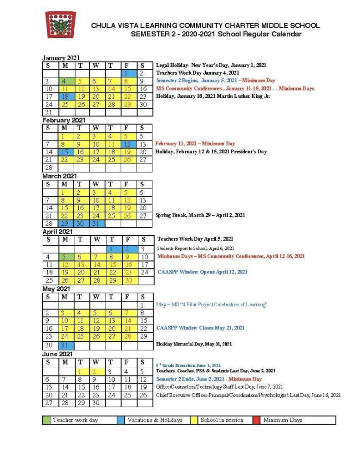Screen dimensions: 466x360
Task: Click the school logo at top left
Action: [x=60, y=25]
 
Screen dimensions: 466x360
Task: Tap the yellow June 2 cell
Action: [x=96, y=371]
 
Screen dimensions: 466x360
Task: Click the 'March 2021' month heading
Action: [x=60, y=176]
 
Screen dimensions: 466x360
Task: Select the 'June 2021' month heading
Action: [x=57, y=354]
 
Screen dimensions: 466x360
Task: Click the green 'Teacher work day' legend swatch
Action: [x=46, y=420]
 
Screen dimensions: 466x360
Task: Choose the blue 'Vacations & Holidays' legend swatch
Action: [x=121, y=420]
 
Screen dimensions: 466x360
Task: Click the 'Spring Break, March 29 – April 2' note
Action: [x=200, y=215]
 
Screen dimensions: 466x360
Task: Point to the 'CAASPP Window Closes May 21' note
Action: [x=200, y=328]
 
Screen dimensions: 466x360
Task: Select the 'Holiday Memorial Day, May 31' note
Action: [x=194, y=344]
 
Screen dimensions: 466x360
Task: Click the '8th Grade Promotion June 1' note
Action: [x=188, y=365]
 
